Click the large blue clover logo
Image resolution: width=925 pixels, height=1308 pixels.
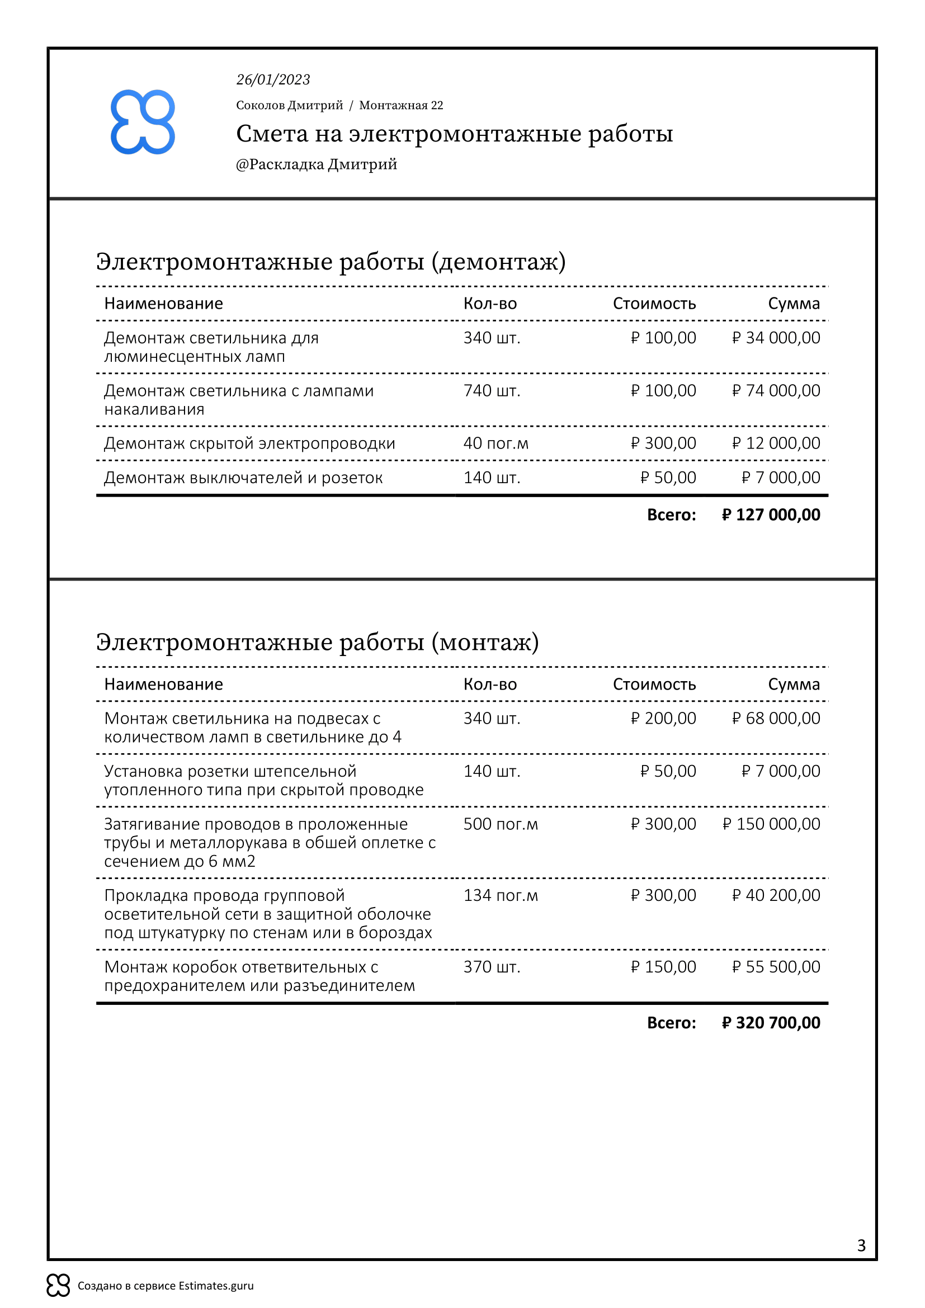143,122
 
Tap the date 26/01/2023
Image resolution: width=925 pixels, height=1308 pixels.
273,80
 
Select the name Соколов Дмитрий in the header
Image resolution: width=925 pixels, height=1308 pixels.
289,105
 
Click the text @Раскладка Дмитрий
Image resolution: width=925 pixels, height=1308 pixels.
316,164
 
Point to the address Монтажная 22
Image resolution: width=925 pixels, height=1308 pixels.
400,105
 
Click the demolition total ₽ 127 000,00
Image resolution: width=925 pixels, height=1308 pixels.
771,515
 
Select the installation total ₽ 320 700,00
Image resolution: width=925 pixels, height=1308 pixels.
771,1023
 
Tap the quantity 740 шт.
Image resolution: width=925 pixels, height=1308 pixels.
492,391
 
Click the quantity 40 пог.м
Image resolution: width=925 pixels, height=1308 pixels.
495,443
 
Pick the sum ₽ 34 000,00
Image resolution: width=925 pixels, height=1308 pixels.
776,338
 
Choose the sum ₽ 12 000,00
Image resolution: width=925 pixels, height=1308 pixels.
776,443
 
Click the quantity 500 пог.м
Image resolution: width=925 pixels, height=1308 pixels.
500,824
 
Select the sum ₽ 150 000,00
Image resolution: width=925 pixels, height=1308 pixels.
771,824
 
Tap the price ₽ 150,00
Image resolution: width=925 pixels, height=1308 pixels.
663,967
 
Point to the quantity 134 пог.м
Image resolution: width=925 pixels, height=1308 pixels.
500,895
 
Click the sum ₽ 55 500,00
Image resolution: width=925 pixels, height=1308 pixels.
776,967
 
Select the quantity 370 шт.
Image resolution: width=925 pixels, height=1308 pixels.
492,967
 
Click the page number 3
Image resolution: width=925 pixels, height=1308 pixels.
861,1246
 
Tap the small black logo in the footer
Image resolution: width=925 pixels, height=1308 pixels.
58,1286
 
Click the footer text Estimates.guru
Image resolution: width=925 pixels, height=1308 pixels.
216,1286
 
